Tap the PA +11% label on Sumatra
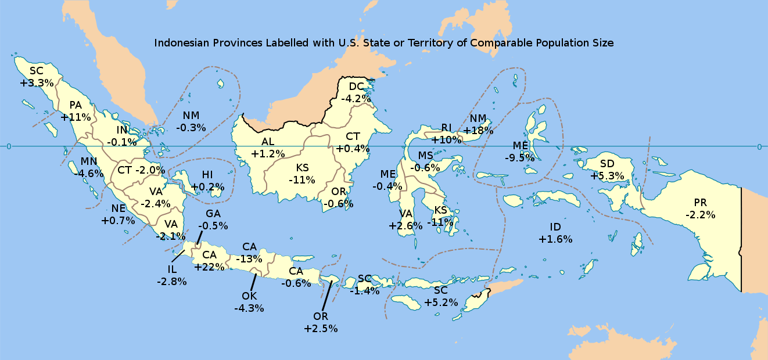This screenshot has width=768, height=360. pos(76,111)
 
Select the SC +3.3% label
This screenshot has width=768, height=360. pos(37,77)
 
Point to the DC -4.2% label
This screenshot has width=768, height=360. pos(356,93)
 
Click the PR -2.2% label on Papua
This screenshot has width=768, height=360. pos(700,208)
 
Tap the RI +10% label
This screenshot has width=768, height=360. pos(446,134)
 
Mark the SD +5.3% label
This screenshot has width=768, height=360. pos(607,170)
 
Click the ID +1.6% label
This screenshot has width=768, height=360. pos(555,233)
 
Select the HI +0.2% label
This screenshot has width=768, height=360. pos(207,181)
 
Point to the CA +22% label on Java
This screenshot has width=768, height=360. pos(209,261)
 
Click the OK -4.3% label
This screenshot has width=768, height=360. pos(249,302)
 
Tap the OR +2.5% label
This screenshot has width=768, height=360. pos(321,322)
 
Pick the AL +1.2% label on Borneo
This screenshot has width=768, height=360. pos(268,147)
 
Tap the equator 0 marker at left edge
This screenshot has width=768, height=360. pos(9,146)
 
